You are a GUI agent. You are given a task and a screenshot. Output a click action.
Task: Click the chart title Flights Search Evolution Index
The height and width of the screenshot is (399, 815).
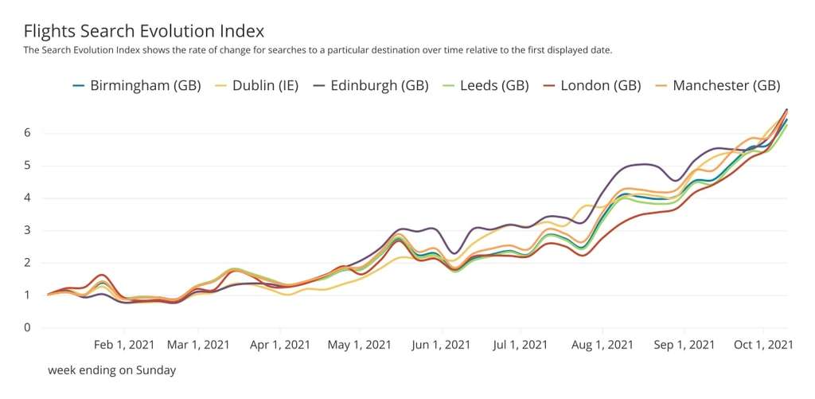144,31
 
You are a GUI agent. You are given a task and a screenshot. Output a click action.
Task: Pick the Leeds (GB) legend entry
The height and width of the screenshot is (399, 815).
496,85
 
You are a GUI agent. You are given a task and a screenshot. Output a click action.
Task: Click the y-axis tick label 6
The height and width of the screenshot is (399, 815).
27,132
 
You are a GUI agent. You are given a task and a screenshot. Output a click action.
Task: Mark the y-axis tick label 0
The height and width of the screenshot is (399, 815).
27,327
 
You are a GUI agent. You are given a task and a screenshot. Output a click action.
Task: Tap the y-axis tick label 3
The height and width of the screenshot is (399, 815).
27,230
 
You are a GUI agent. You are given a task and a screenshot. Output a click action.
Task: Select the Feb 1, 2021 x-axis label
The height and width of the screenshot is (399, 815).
125,345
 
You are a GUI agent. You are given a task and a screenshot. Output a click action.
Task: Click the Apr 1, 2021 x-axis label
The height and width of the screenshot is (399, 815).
279,345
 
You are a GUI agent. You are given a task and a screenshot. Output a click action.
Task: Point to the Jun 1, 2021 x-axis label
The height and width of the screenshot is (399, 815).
441,345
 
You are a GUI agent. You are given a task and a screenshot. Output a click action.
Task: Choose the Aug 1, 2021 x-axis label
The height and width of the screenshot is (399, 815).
602,345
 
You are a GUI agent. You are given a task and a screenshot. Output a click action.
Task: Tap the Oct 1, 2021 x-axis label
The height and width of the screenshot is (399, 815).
762,345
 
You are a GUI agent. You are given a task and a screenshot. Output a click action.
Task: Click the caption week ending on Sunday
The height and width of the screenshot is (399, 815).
111,370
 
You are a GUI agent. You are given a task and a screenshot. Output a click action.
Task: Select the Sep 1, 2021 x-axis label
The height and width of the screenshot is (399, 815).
684,345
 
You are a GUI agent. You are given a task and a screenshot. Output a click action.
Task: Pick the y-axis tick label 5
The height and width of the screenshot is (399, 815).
27,166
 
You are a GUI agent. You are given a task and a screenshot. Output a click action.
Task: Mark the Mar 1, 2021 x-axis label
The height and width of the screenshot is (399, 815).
198,345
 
